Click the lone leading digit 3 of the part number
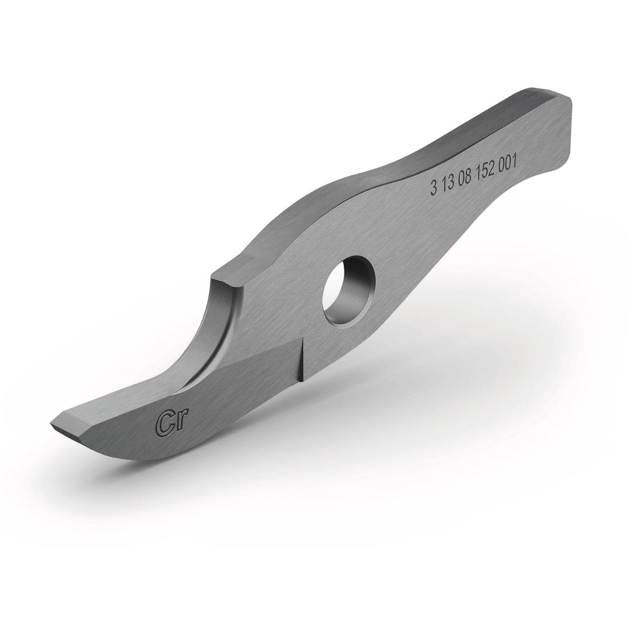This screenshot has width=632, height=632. coord(433,190)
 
